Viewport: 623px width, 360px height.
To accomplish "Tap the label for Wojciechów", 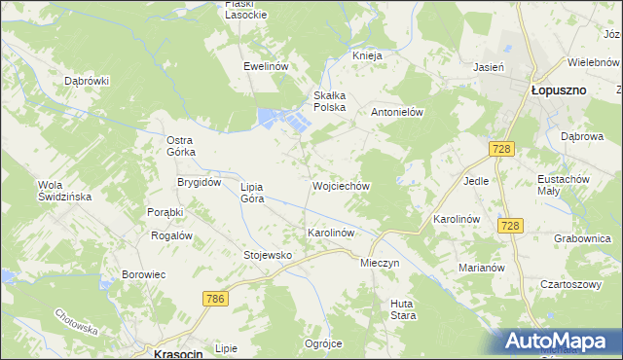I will (x=340, y=185).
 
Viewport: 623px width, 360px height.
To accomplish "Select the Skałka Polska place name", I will (x=330, y=101).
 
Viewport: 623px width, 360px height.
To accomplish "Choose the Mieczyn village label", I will (x=380, y=263).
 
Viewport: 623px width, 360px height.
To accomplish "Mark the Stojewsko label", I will (x=268, y=255).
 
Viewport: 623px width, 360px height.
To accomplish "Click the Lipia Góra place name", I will (x=253, y=192).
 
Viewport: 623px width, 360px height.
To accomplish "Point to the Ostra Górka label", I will (x=181, y=146).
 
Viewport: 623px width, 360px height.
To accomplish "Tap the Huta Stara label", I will (x=403, y=308).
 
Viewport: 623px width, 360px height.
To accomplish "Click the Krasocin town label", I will (x=178, y=354).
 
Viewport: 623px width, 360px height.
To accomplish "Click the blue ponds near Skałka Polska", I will (x=283, y=121).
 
